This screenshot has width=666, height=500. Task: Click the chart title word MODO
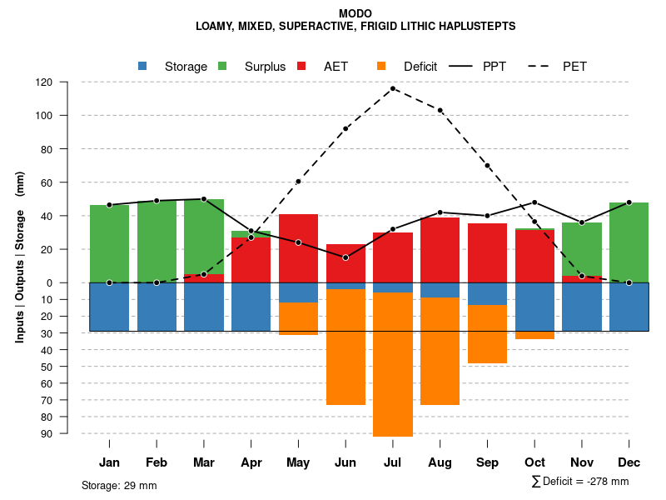click(x=355, y=13)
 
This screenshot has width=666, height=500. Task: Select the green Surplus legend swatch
click(x=222, y=66)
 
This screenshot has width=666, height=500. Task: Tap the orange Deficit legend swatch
click(x=381, y=66)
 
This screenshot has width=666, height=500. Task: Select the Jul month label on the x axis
click(x=392, y=462)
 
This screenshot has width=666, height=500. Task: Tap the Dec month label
click(x=629, y=462)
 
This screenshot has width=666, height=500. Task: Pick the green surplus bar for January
click(x=109, y=244)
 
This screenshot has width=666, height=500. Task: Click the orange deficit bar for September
click(x=487, y=334)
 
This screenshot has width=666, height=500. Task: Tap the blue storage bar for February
click(x=157, y=307)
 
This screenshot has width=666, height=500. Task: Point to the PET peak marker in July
click(x=393, y=88)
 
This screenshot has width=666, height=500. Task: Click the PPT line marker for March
click(x=204, y=199)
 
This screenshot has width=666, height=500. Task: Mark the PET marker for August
click(x=440, y=110)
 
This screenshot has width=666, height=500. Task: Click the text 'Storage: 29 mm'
click(x=119, y=485)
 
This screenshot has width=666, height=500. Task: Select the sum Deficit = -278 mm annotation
click(x=579, y=481)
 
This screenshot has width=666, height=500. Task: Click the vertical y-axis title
click(x=19, y=257)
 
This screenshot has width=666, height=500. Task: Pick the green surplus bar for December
click(x=629, y=242)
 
